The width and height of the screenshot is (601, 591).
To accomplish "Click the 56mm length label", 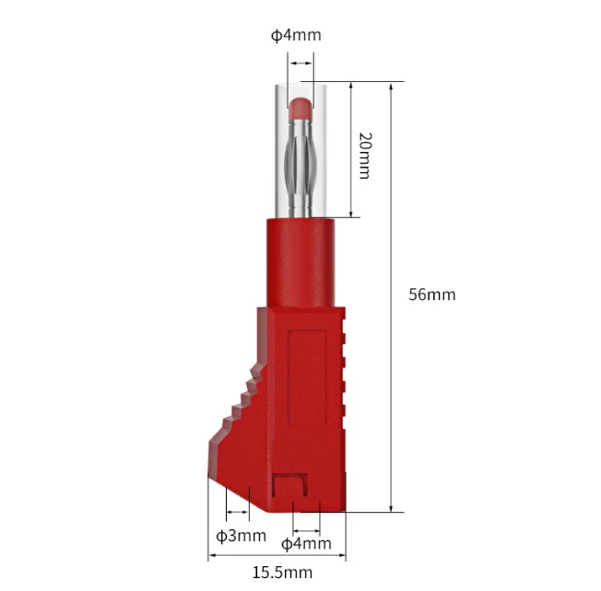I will click(431, 295).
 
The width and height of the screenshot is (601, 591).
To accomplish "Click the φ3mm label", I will click(242, 535).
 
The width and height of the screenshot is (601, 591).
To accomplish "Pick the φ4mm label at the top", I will click(296, 36).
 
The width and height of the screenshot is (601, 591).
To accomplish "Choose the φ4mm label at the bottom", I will click(306, 543).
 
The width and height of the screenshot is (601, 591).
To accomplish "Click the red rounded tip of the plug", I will click(301, 108).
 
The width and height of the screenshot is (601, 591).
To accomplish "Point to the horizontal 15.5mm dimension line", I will click(277, 555).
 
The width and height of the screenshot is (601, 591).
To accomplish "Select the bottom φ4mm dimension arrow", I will click(306, 530).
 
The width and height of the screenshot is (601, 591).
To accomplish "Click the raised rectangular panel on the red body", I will click(306, 387).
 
